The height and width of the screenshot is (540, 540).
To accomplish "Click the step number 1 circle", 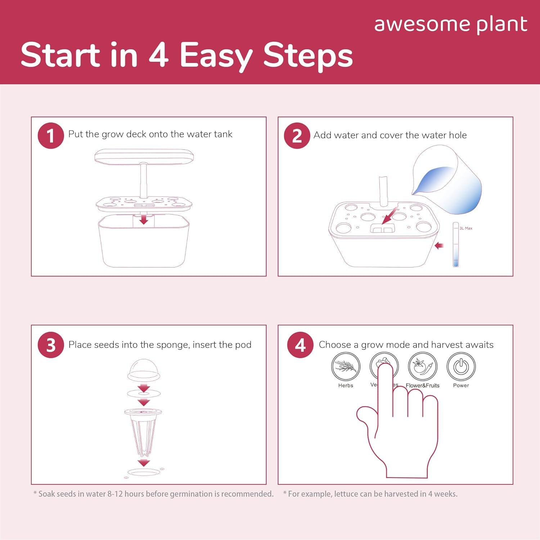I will coord(51,136).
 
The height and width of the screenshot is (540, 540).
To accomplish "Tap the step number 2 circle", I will coord(297,136).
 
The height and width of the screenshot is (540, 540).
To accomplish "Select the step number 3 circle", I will coord(51,345).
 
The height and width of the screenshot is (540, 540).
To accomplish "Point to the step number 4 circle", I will coord(300,345).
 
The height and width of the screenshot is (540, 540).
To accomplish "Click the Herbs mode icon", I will coord(346,366).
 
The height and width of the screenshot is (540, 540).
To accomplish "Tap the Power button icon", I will coord(461,366).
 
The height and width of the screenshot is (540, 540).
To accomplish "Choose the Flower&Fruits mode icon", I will coord(422,366).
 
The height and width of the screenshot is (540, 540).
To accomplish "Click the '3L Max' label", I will coord(466,228).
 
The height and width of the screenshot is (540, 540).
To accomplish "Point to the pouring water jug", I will coord(448,180).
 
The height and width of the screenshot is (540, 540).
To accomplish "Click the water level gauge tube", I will coord(456,245).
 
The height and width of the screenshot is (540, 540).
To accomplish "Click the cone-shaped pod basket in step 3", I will coord(143,432).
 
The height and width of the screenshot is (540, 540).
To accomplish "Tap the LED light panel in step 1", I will coord(144,156).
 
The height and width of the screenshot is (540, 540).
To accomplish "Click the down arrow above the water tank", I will coord(144,219).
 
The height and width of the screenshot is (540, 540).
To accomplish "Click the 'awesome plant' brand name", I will coord(451,24).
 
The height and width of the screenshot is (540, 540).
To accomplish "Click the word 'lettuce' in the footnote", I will coord(346,494).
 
